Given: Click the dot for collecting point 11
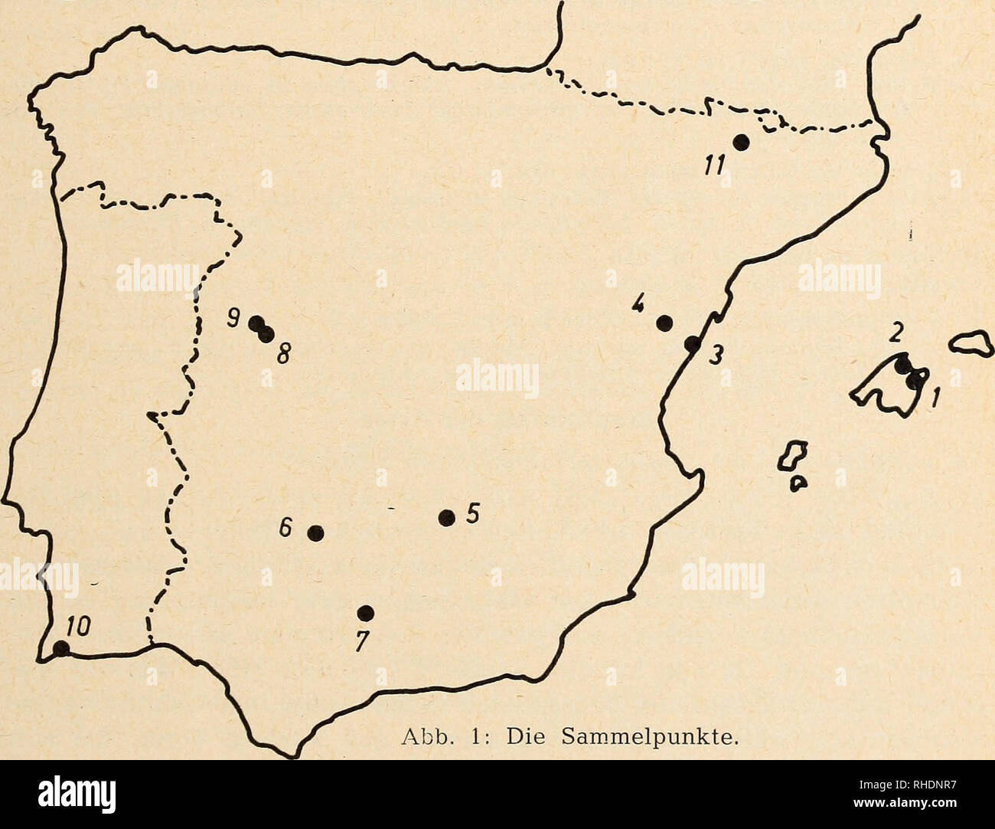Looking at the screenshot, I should (x=740, y=142).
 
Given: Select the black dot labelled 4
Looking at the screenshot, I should (x=664, y=323).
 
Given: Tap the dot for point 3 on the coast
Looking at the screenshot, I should (x=692, y=344).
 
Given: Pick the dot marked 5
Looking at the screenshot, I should (x=446, y=518).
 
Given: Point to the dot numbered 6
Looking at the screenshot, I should (x=315, y=532).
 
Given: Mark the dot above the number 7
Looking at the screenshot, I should (x=366, y=612).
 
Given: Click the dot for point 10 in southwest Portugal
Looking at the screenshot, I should (x=60, y=649).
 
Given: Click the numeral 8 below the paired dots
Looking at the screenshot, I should (x=282, y=355).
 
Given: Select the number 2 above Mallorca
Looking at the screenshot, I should (x=893, y=334).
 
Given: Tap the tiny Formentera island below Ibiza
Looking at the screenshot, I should (x=798, y=483).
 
